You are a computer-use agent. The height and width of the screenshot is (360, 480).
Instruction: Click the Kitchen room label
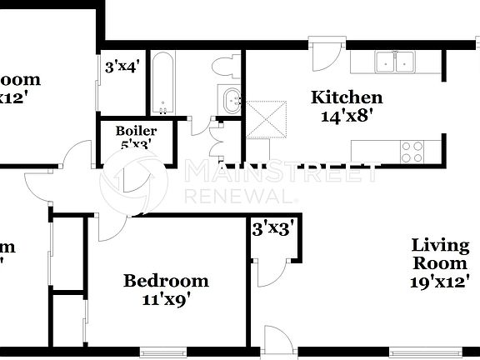click(347, 97)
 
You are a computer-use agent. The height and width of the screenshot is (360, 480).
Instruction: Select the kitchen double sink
click(395, 62)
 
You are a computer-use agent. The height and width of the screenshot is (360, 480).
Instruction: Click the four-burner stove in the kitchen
click(411, 151)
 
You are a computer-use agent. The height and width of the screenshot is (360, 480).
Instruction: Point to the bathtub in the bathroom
click(162, 83)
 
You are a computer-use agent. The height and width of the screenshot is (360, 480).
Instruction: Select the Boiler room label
click(136, 131)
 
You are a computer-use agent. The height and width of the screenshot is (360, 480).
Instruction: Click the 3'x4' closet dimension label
click(122, 64)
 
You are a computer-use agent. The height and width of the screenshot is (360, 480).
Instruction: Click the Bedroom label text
click(166, 281)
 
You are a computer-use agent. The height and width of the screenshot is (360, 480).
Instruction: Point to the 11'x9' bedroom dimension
click(166, 299)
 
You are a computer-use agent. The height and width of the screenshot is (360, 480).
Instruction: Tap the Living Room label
click(441, 253)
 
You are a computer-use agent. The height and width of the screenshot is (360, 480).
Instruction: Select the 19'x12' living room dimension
click(441, 281)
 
